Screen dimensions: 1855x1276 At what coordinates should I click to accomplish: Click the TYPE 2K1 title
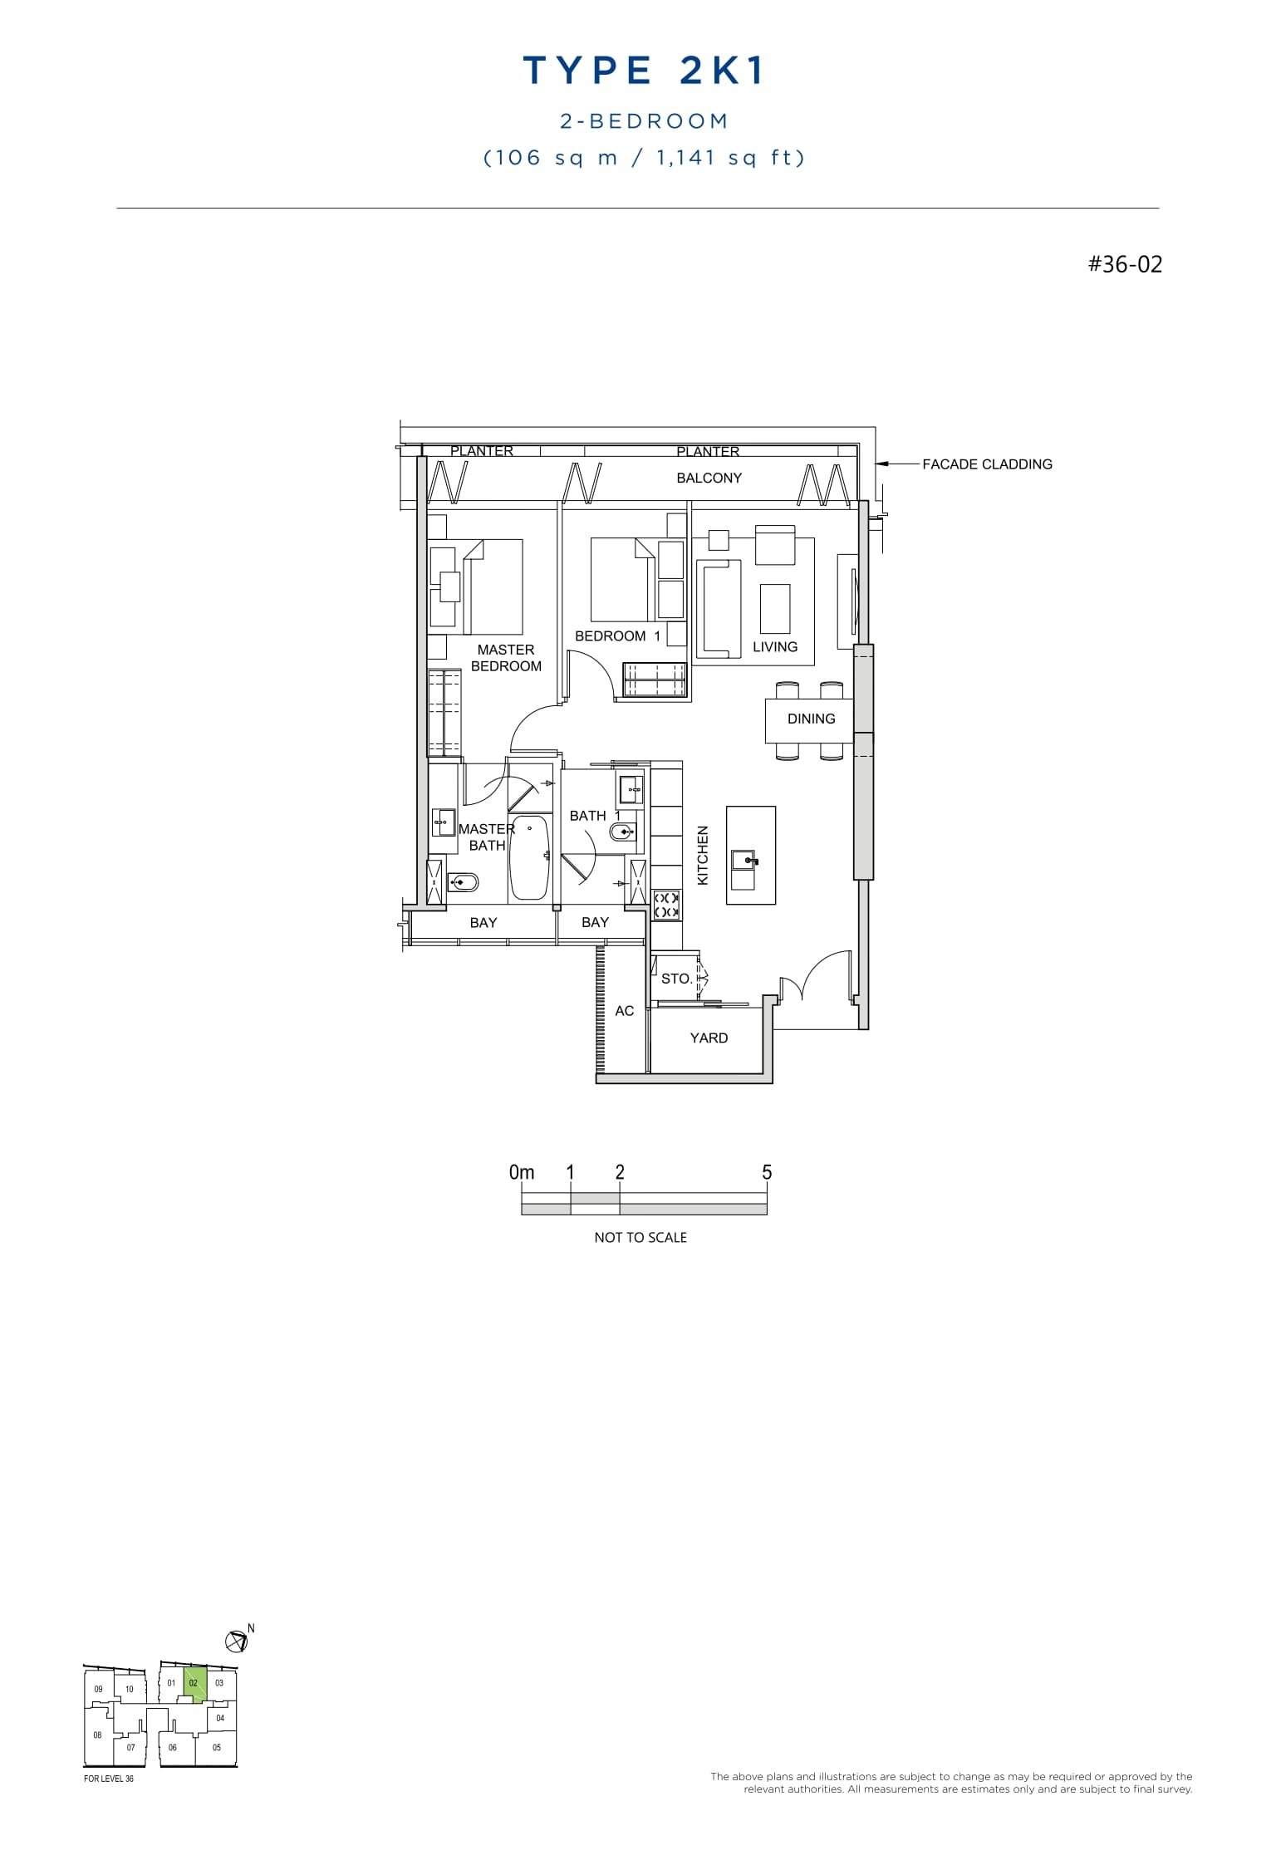pos(643,72)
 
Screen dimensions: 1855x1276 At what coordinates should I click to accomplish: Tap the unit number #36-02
pos(1125,265)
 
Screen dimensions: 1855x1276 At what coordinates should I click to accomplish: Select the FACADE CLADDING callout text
pos(987,464)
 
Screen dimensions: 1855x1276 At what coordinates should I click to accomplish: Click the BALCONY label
pos(709,478)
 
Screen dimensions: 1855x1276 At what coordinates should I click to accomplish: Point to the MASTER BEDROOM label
pos(506,658)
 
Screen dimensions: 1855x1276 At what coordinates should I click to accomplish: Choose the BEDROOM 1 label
pos(617,636)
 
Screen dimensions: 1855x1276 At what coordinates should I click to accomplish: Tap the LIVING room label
pos(774,647)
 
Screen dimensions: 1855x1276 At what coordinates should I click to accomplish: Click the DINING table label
pos(811,719)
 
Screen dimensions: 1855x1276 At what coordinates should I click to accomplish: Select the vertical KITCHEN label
pos(703,855)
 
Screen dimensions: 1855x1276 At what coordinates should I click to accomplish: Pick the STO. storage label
pos(676,979)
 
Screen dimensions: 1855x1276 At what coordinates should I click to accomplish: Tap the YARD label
pos(709,1038)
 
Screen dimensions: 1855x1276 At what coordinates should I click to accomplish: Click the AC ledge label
pos(624,1010)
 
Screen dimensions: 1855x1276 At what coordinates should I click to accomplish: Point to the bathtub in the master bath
pos(528,856)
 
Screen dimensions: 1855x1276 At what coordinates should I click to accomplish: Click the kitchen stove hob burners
pos(666,905)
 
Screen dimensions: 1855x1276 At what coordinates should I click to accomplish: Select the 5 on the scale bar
pos(766,1172)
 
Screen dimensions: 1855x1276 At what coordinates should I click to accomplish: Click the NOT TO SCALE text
pos(640,1237)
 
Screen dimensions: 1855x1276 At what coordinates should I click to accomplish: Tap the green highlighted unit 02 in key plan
pos(194,1684)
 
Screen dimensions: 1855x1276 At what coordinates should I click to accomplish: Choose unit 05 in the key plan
pos(217,1747)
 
